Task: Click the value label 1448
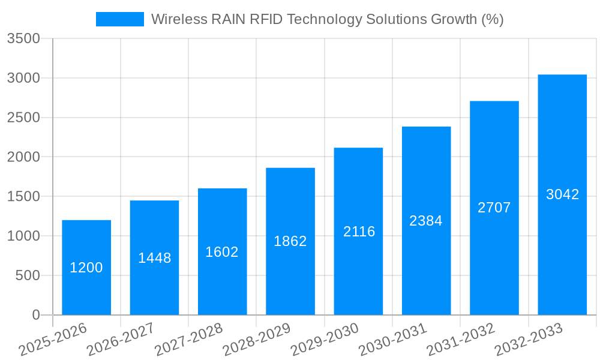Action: pos(155,258)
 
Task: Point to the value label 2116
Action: pos(359,232)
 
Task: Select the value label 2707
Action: pos(494,208)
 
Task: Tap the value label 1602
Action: pos(222,252)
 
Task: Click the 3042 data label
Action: pos(562,194)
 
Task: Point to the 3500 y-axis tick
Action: pos(24,39)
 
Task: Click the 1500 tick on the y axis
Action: pos(24,197)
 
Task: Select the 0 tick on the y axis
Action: pos(35,315)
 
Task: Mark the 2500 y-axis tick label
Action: pos(24,118)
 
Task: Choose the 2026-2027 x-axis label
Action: pos(120,340)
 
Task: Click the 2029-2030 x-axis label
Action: pos(324,340)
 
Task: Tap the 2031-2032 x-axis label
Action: pos(460,340)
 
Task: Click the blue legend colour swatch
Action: pos(120,19)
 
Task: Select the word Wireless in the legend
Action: pos(178,19)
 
